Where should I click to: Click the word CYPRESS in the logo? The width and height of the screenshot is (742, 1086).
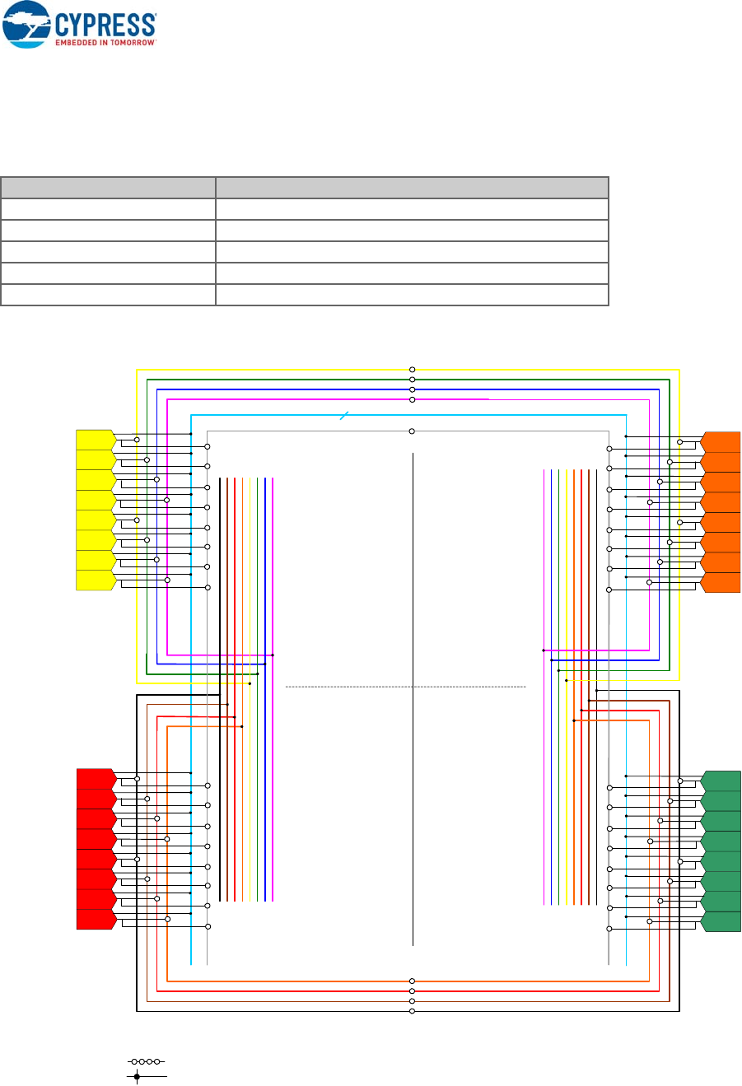click(105, 22)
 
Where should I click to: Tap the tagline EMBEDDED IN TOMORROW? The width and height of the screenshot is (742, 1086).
click(105, 41)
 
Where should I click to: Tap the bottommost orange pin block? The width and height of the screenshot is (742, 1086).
click(721, 582)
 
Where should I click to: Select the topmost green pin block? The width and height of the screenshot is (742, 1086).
click(722, 781)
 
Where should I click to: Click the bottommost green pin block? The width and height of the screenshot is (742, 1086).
click(722, 921)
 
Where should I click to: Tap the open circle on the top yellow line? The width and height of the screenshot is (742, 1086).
click(412, 370)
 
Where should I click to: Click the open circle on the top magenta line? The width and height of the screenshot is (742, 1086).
click(412, 399)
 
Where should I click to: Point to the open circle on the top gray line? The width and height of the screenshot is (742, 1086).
click(412, 431)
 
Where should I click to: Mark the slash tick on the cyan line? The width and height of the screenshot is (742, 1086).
click(346, 415)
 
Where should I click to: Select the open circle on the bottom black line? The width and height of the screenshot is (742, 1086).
click(412, 1011)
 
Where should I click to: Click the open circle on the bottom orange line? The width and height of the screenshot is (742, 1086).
click(412, 981)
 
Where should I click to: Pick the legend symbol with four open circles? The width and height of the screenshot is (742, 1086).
click(146, 1062)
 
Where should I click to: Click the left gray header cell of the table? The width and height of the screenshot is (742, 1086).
click(108, 187)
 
